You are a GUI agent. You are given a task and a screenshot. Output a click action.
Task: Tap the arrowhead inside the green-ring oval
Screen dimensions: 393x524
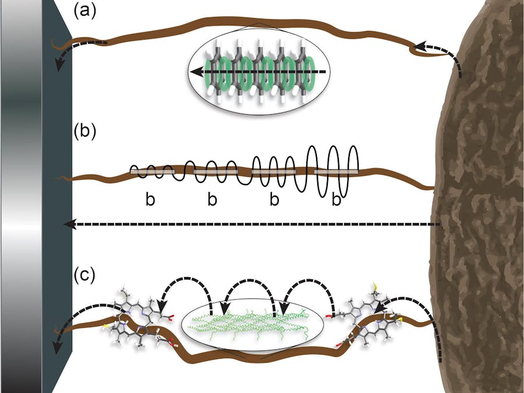pos(198,72)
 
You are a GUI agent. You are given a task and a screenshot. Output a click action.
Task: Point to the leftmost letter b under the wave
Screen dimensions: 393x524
pos(150,200)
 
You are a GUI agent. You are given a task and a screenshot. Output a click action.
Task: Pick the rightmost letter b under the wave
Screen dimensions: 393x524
pos(336,200)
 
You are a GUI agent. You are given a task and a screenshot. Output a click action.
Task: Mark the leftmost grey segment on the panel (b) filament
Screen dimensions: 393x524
pos(151,172)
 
